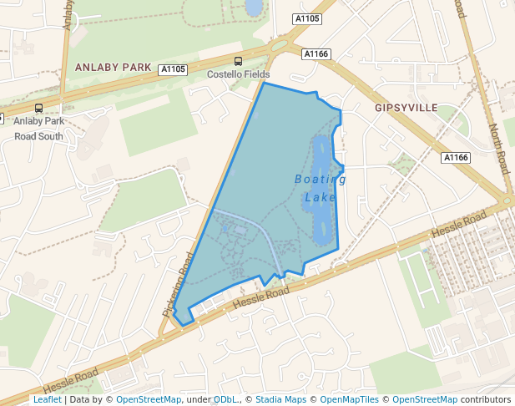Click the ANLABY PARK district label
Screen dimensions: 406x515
(x=113, y=67)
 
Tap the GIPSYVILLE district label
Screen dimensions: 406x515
(x=406, y=109)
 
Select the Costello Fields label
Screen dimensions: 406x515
(x=239, y=75)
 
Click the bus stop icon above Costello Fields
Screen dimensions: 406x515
(x=239, y=61)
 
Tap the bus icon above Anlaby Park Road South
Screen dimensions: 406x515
(x=38, y=108)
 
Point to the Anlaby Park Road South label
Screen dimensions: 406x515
(x=38, y=129)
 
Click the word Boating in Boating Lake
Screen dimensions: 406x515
(x=320, y=179)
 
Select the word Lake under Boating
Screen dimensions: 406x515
(x=320, y=198)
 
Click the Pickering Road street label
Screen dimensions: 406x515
(x=178, y=285)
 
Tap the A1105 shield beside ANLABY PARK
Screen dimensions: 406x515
(x=174, y=70)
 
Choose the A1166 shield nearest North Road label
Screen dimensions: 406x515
(x=456, y=158)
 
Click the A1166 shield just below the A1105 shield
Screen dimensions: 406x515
(x=317, y=54)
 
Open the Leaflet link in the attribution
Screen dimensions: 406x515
(x=47, y=400)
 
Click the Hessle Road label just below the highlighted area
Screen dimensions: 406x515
(x=261, y=297)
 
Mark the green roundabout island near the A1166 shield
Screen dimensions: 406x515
(x=280, y=46)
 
